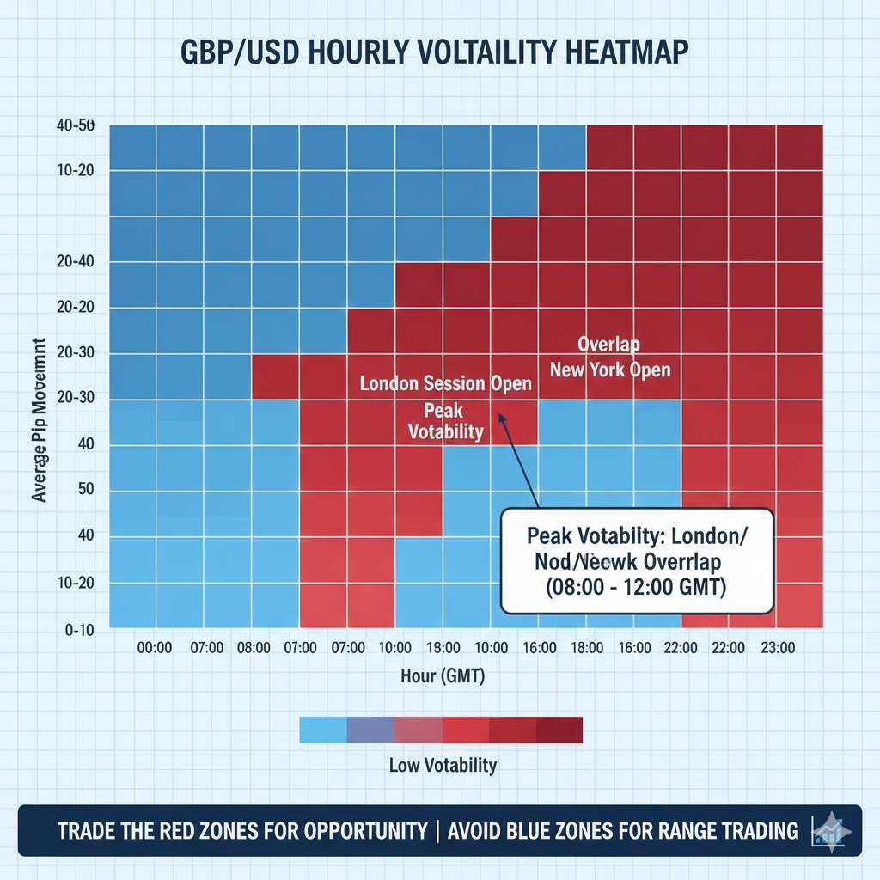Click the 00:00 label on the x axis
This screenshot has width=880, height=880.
coord(156,648)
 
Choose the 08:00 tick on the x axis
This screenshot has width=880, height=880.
coord(253,648)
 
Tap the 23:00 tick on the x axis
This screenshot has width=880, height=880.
coord(778,648)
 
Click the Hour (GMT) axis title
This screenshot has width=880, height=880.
coord(443,676)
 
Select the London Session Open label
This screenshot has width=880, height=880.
coord(445,383)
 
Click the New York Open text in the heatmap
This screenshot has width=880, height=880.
coord(610,370)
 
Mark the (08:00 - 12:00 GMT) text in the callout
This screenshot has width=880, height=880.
coord(632,588)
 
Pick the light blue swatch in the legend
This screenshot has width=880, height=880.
coord(322,730)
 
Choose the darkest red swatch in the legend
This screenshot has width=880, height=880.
coord(559,730)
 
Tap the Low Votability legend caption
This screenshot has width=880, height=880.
coord(443,764)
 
